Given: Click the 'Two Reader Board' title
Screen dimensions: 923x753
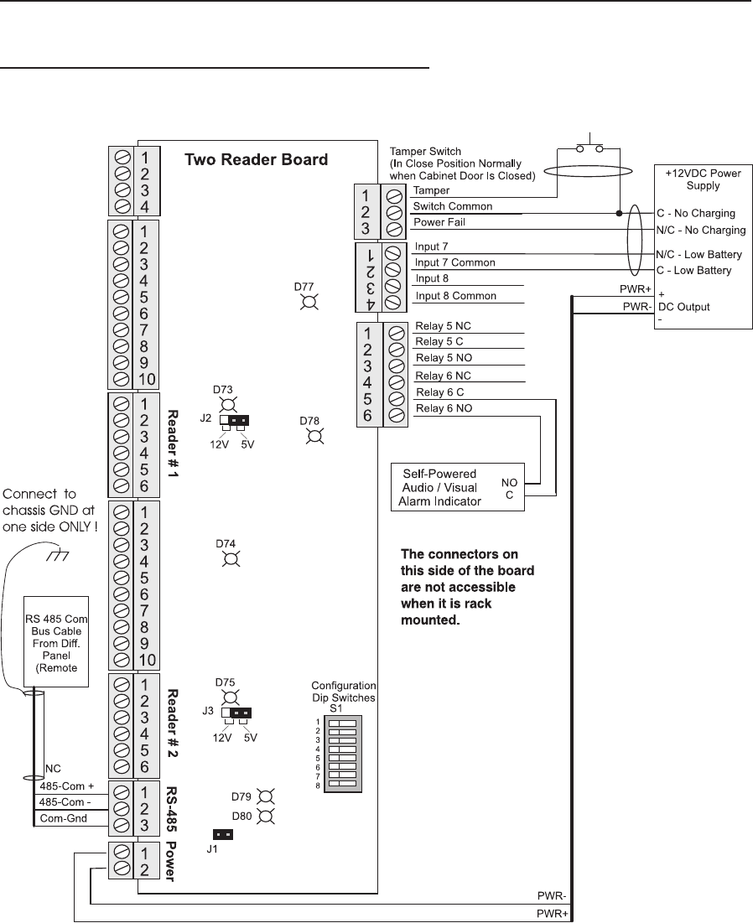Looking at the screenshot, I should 256,159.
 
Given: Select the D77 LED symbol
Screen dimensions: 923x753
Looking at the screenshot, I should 309,303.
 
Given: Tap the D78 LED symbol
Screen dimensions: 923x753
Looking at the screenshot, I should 314,436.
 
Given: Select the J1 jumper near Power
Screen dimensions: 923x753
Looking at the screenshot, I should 223,835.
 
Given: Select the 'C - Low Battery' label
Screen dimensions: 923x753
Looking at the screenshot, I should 693,271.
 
